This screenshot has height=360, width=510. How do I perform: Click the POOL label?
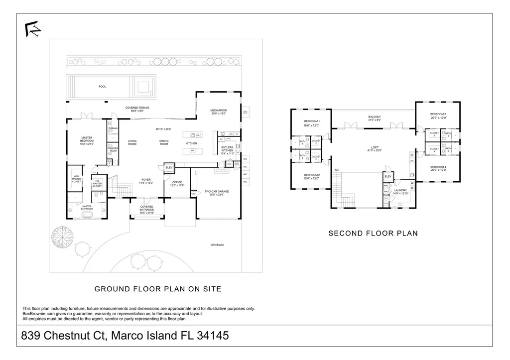pyautogui.click(x=102, y=87)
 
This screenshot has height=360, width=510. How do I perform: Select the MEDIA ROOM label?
pyautogui.click(x=219, y=112)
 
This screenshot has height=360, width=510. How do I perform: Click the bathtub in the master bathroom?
pyautogui.click(x=88, y=215)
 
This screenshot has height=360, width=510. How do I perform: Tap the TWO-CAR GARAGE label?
pyautogui.click(x=217, y=192)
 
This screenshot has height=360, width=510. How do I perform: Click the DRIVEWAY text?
pyautogui.click(x=218, y=244)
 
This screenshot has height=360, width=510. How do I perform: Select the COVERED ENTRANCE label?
pyautogui.click(x=146, y=208)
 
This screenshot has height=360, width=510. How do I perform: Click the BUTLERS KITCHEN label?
pyautogui.click(x=227, y=149)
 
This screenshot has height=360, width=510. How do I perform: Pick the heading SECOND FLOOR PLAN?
pyautogui.click(x=373, y=233)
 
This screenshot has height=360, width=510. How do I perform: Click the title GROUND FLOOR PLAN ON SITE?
pyautogui.click(x=158, y=289)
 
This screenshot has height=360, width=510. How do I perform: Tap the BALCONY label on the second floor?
pyautogui.click(x=374, y=118)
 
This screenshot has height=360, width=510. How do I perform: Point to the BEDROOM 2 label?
pyautogui.click(x=312, y=176)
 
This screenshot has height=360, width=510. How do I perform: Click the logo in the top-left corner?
pyautogui.click(x=33, y=29)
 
